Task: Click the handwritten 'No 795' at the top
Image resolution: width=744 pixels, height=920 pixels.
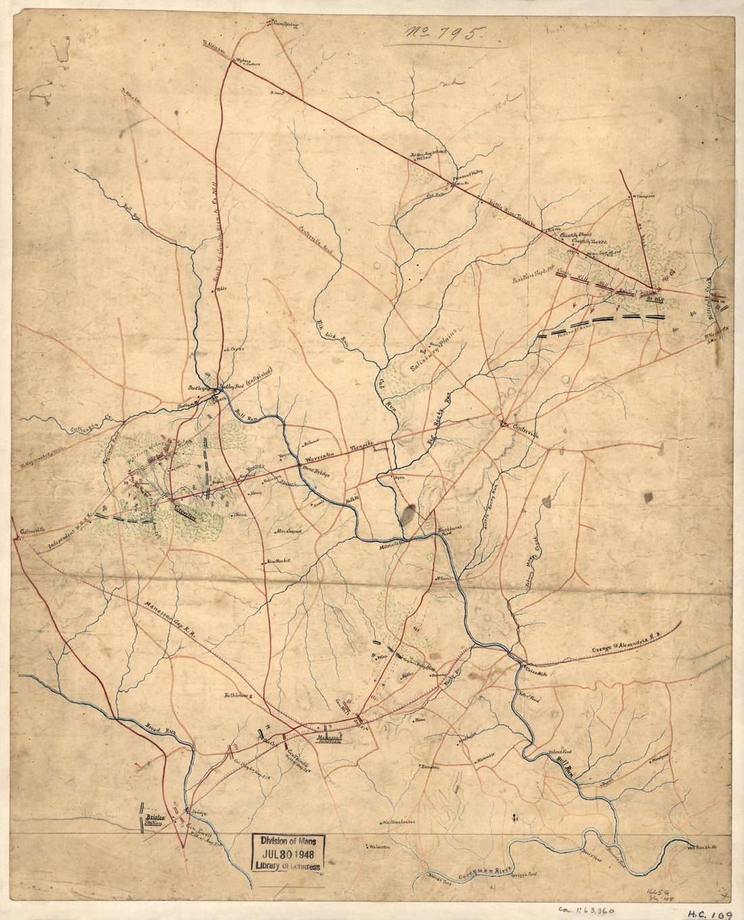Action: (442, 31)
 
